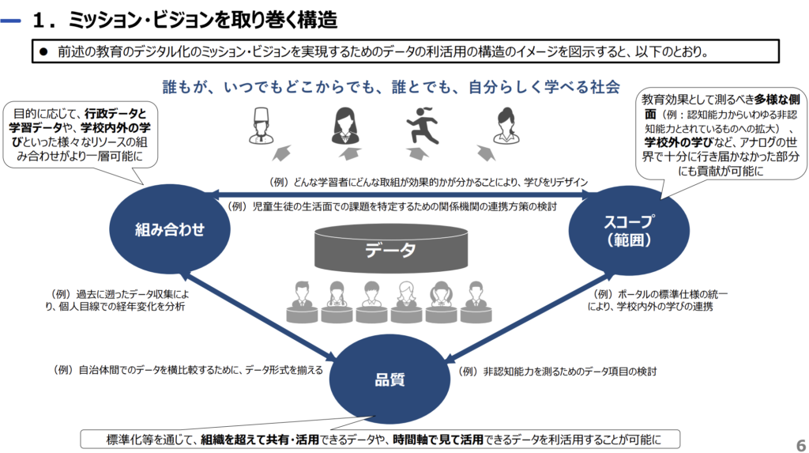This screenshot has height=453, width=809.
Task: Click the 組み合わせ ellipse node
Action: (x=170, y=228)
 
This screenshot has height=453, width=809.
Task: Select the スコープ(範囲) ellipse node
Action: (x=629, y=230)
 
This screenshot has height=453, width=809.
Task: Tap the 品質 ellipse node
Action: (x=389, y=379)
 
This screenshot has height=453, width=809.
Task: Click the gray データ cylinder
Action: (x=391, y=249)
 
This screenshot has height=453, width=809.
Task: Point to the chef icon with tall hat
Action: (x=261, y=126)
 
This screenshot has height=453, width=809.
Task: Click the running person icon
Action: (x=423, y=126)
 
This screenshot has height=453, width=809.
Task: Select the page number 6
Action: (x=801, y=445)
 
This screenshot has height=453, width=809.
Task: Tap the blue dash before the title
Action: (x=10, y=21)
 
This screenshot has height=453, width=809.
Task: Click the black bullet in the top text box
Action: (x=43, y=51)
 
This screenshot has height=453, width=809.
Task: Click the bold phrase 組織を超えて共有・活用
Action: (x=259, y=440)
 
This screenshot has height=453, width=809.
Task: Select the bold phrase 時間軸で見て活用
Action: (x=438, y=440)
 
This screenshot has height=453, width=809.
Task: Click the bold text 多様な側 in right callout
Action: (x=777, y=100)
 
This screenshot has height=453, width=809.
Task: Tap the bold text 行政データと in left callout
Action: (x=116, y=114)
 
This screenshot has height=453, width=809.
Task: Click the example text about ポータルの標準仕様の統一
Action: (x=657, y=300)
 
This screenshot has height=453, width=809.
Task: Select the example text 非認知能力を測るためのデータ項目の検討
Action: (x=557, y=372)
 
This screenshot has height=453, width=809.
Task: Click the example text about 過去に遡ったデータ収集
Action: (x=117, y=300)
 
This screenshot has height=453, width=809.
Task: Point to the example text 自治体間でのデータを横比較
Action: (x=188, y=370)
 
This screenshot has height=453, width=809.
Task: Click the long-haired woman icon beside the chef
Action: (x=344, y=126)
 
